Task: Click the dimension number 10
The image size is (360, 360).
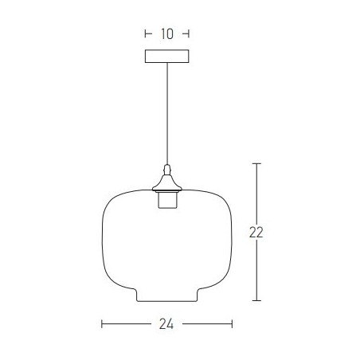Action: click(167, 34)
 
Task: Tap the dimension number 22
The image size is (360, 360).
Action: click(256, 233)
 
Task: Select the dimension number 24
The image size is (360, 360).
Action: click(166, 324)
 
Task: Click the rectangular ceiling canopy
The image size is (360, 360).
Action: click(167, 57)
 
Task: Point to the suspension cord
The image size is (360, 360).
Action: click(167, 114)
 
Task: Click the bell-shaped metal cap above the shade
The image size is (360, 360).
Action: click(167, 183)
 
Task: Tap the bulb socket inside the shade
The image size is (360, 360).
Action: click(167, 200)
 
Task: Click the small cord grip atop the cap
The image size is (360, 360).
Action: click(167, 170)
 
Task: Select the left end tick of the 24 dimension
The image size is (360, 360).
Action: click(102, 324)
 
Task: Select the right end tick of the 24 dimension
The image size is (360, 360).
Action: click(232, 324)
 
